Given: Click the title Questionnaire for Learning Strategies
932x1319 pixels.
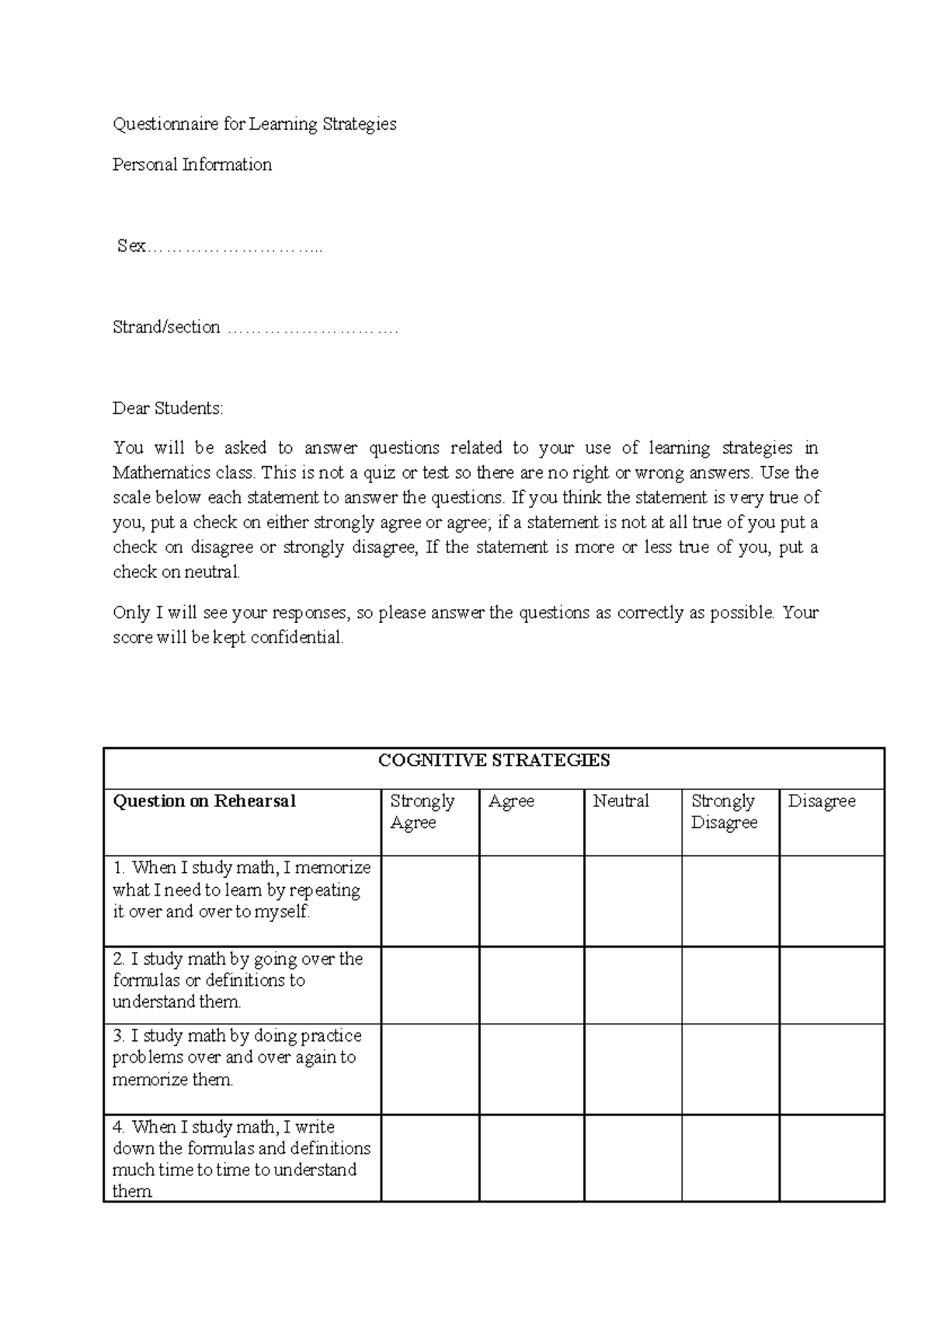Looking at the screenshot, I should coord(254,124).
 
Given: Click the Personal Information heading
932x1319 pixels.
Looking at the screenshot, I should coord(192,165).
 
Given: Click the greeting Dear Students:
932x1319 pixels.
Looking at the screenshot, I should coord(168,409).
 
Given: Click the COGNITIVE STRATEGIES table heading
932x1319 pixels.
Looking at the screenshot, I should coord(494,761).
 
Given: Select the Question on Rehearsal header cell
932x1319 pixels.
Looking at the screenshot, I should coord(204,802).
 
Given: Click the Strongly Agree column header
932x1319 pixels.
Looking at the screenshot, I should coord(422,812).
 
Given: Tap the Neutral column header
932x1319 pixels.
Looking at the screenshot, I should coord(621,802).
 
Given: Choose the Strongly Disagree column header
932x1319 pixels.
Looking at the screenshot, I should coord(723,812).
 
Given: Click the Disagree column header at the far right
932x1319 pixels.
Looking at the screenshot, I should coord(821,802).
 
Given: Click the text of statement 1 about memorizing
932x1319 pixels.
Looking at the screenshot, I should coord(241,890).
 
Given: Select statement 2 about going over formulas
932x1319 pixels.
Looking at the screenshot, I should coord(237,980).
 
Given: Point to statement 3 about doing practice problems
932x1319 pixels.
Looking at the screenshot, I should coord(236,1057).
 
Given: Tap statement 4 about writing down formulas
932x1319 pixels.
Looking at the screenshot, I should coord(241,1158).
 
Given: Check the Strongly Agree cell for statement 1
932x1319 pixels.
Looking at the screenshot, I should coord(430,901).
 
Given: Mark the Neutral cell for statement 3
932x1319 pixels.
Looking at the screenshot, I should coord(633,1069).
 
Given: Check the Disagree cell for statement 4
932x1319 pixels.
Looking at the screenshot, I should coord(832,1158).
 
